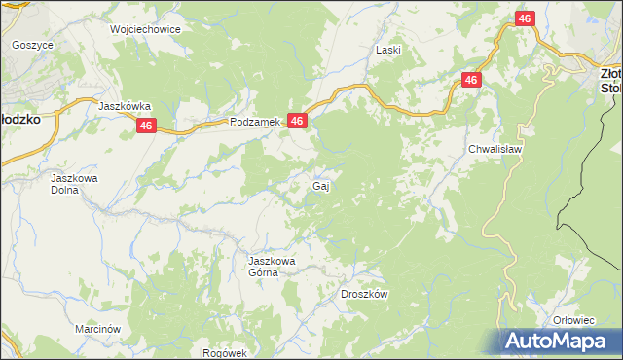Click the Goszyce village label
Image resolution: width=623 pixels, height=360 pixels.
pyautogui.click(x=33, y=45)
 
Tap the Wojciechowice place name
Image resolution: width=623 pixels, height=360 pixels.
pyautogui.click(x=146, y=29)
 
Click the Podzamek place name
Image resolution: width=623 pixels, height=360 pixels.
pyautogui.click(x=254, y=122)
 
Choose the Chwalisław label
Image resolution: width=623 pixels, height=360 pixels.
pyautogui.click(x=496, y=149)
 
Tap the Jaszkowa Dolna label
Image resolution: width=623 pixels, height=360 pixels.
pyautogui.click(x=75, y=184)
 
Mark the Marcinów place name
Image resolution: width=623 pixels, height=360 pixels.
pyautogui.click(x=97, y=330)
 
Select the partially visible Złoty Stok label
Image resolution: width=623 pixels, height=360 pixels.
pyautogui.click(x=610, y=80)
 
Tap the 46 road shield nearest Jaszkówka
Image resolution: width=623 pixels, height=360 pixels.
pyautogui.click(x=146, y=126)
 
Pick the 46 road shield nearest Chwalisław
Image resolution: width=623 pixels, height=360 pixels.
pyautogui.click(x=471, y=80)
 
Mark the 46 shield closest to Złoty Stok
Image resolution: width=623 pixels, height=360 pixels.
pyautogui.click(x=525, y=19)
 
